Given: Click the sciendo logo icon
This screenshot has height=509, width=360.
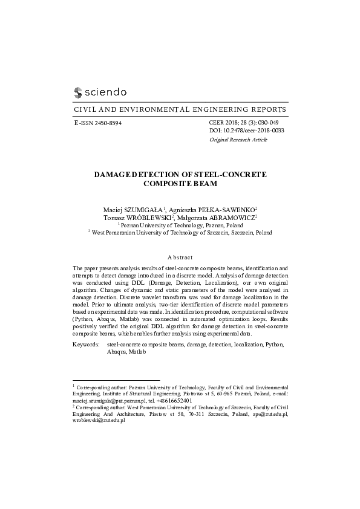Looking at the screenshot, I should [x=77, y=92].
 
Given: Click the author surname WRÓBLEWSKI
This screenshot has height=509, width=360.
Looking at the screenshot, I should [x=147, y=216].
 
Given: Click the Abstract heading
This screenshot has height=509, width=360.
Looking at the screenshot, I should [x=180, y=257].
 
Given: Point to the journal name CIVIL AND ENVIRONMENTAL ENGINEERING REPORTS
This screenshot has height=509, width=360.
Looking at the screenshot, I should [x=180, y=110].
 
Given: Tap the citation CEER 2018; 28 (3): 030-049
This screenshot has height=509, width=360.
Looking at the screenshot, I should [x=247, y=122].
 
